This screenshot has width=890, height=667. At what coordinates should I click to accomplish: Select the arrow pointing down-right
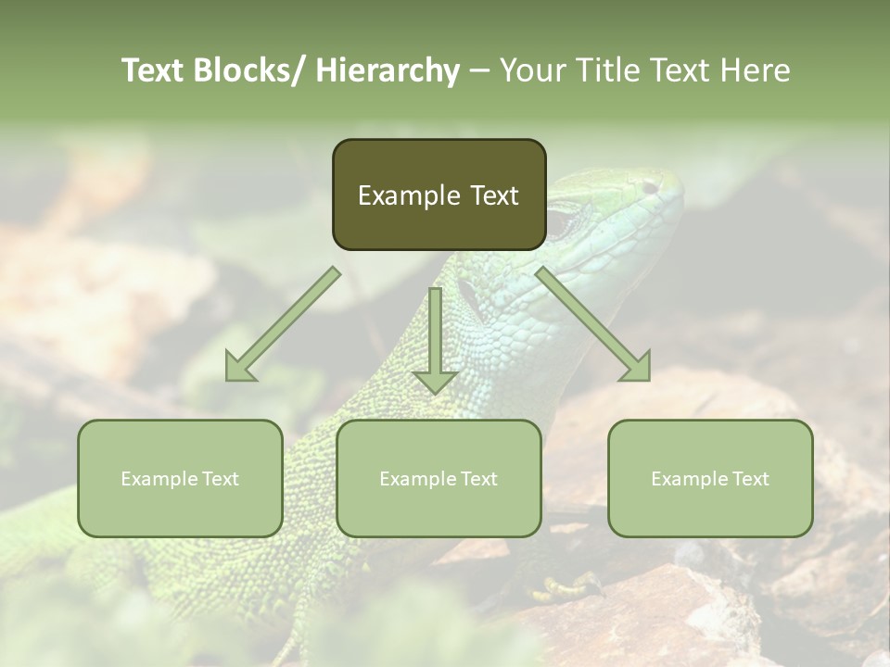click(x=593, y=324)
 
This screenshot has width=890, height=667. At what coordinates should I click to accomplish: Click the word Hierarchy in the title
click(x=388, y=70)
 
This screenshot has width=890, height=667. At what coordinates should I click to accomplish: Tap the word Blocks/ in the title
click(x=249, y=70)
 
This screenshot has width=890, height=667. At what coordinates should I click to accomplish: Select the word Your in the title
click(x=532, y=70)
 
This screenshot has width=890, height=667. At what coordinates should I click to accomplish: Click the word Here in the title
click(x=755, y=70)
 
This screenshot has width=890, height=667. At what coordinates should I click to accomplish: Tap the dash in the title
click(x=479, y=70)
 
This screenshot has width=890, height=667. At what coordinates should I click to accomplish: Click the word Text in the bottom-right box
click(x=750, y=479)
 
